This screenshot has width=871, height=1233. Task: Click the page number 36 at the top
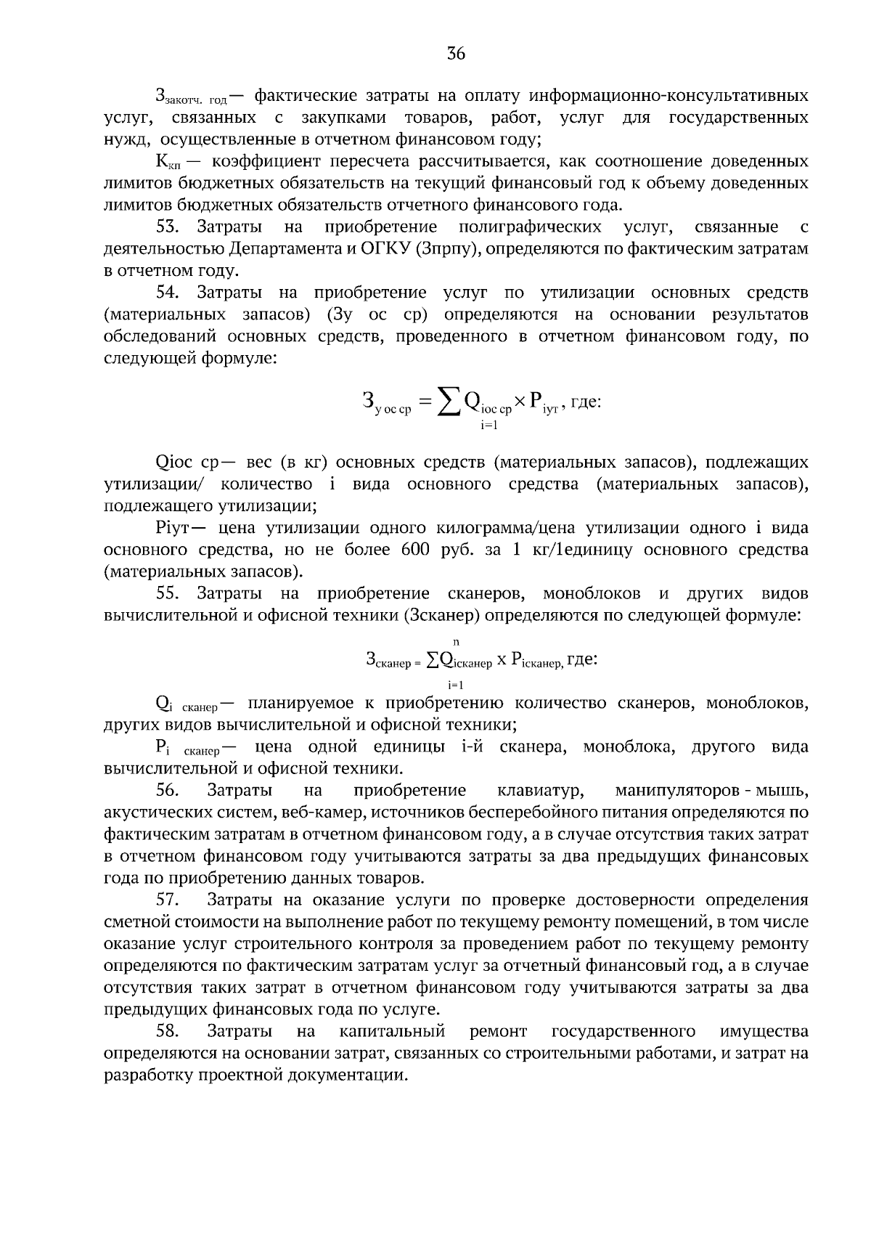pyautogui.click(x=456, y=54)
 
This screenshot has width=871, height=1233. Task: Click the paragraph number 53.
pyautogui.click(x=167, y=227)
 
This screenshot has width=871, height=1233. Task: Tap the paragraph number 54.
pyautogui.click(x=167, y=293)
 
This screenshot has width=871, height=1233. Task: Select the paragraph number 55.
pyautogui.click(x=167, y=594)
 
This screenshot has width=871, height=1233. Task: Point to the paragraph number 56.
pyautogui.click(x=167, y=790)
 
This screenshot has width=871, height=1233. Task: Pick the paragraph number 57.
pyautogui.click(x=167, y=900)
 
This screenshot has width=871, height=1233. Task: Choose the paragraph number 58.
pyautogui.click(x=167, y=1031)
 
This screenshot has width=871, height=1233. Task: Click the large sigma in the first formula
pyautogui.click(x=449, y=401)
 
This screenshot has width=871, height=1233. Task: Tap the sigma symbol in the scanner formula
pyautogui.click(x=432, y=659)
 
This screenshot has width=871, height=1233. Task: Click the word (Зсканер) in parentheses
pyautogui.click(x=441, y=616)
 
